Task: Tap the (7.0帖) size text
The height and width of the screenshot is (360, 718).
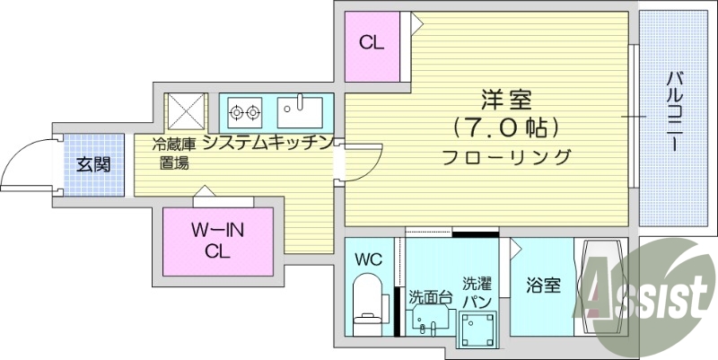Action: pyautogui.click(x=505, y=127)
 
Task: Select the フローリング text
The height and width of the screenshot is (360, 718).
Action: pyautogui.click(x=505, y=157)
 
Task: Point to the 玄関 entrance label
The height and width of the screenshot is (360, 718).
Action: pyautogui.click(x=92, y=164)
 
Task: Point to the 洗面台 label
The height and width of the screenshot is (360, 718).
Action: pyautogui.click(x=430, y=296)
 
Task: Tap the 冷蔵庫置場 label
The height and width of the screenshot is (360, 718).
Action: pyautogui.click(x=173, y=153)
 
